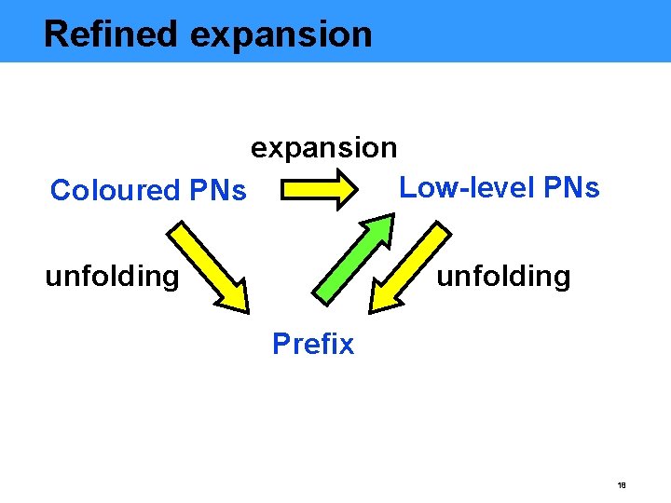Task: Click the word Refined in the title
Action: point(110,34)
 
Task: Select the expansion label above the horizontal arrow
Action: point(323,148)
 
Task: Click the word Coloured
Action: point(109,191)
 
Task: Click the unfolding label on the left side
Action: point(112,277)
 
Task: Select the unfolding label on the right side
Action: point(503,277)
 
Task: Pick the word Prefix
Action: point(313,345)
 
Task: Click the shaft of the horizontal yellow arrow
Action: point(308,191)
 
